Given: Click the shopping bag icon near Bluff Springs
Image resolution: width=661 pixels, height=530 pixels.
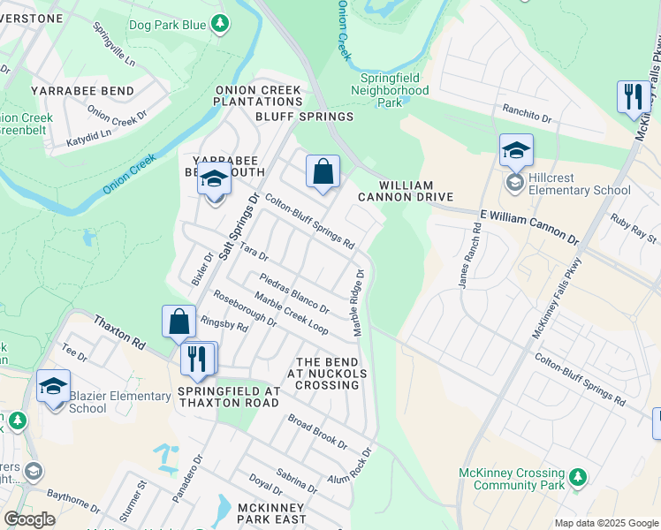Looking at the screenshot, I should tap(323, 171).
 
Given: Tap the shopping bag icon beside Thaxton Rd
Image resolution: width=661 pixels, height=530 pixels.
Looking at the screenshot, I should tap(179, 322).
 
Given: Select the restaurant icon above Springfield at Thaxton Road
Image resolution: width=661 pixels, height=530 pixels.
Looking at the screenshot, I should tap(198, 358).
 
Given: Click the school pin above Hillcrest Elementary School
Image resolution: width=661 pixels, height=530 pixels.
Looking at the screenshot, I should tap(516, 151).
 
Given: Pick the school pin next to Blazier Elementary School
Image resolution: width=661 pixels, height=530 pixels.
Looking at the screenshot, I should tap(53, 386).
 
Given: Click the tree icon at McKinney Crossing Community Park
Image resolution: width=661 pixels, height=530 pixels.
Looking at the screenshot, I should tap(577, 477).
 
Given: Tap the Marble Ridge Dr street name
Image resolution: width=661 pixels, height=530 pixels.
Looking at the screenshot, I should tap(360, 303).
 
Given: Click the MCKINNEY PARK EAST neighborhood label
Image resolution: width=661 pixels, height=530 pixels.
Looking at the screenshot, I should tap(270, 514).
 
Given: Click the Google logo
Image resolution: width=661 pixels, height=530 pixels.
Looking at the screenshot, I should tap(29, 519).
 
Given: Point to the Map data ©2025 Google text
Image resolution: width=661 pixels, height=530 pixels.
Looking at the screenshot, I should tap(605, 523).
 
